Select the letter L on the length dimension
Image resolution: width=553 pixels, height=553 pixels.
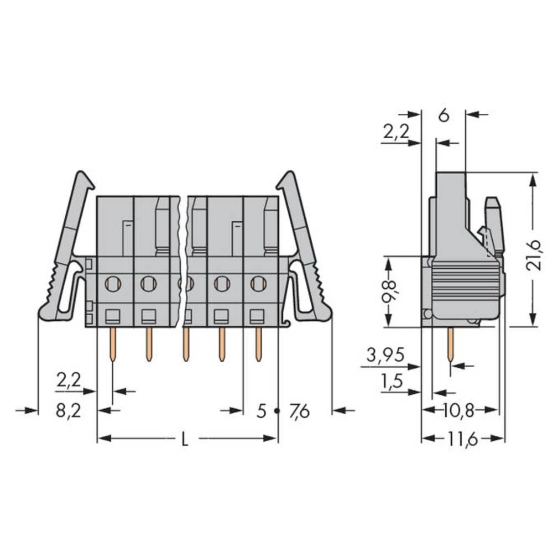coord(185,440)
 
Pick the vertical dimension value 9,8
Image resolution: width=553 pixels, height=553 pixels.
coord(389,291)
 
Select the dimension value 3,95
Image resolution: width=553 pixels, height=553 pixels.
coord(385,354)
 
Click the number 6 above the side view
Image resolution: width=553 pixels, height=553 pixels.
coord(444,116)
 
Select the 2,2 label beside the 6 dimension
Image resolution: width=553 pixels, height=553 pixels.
coord(396,132)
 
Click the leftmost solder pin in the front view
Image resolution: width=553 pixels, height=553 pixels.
coord(113,344)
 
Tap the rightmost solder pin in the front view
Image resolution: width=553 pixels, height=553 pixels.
coord(258,344)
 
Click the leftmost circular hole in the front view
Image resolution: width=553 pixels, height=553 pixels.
coord(113,284)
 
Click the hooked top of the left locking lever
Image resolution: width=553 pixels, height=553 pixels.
coord(84,180)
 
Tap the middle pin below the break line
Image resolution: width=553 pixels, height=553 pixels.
coord(186,344)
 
